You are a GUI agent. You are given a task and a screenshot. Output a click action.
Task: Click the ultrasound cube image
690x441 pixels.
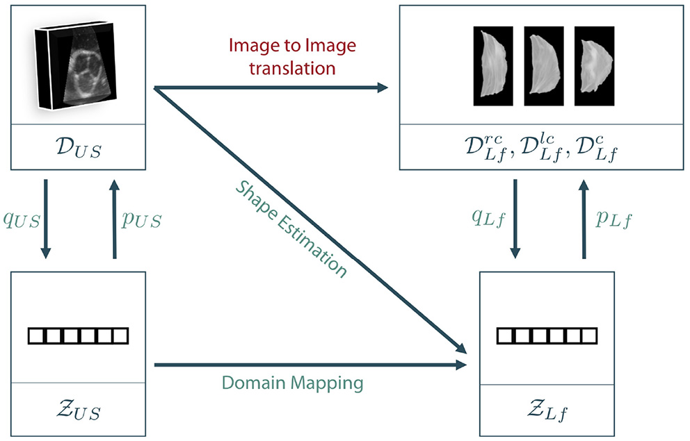coord(76,65)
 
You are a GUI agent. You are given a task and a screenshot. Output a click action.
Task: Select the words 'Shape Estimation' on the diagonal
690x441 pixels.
coord(290,228)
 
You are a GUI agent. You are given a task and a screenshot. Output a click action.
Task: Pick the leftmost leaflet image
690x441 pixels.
coord(492,66)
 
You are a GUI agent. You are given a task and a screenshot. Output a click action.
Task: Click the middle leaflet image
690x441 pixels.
coord(543,66)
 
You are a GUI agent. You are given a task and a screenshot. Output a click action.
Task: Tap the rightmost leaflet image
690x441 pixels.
coord(594,66)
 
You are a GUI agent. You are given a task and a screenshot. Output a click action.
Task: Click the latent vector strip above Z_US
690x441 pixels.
coord(78,336)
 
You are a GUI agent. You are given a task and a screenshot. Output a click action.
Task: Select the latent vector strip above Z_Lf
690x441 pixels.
coord(547,336)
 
